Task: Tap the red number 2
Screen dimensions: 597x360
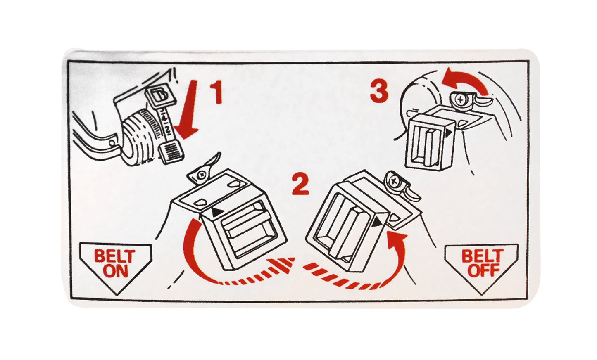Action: click(x=300, y=184)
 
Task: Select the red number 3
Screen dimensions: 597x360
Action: click(x=379, y=92)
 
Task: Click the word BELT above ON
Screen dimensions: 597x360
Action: click(x=114, y=256)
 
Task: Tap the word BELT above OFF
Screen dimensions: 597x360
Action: click(x=483, y=256)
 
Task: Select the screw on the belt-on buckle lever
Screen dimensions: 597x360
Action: click(x=202, y=175)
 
